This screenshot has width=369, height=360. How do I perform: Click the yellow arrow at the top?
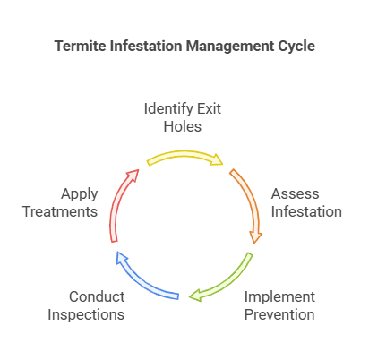[184, 157]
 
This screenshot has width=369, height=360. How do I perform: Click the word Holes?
[184, 128]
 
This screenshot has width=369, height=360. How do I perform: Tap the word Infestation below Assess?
[306, 212]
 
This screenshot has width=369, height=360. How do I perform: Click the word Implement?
[279, 296]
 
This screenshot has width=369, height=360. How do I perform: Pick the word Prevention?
[280, 314]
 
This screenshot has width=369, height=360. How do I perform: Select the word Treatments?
[60, 212]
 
